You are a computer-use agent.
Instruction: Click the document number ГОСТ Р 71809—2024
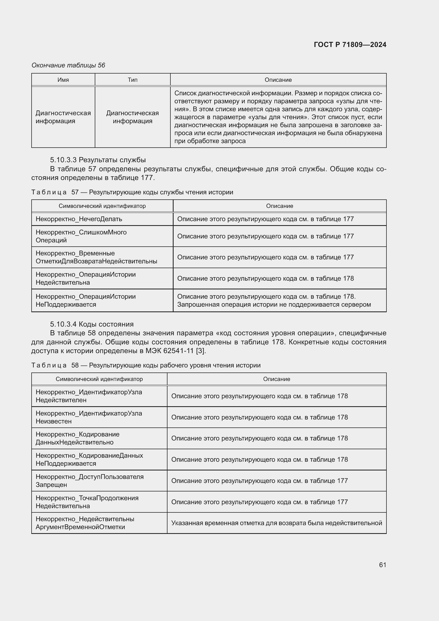tap(350, 45)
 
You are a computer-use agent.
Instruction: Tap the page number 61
tap(382, 565)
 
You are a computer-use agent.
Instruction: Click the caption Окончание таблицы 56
tap(68, 65)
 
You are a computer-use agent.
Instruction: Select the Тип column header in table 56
tap(132, 80)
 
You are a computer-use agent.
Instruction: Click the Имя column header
tap(63, 80)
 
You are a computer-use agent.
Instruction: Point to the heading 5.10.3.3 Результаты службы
tap(98, 160)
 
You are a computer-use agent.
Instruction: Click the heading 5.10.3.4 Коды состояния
tap(92, 324)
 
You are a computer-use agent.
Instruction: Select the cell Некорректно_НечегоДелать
tap(79, 219)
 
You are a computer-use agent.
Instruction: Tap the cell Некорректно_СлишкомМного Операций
tap(81, 236)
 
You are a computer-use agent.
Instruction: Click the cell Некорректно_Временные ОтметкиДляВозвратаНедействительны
tap(96, 257)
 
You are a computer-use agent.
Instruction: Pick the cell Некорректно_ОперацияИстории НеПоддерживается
tap(85, 301)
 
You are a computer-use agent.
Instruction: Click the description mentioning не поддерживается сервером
tap(274, 305)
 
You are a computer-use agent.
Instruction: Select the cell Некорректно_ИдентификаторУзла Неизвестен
tap(89, 417)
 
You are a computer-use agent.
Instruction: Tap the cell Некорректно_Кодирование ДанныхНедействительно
tap(77, 438)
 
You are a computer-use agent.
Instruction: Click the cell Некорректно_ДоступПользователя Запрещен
tap(89, 481)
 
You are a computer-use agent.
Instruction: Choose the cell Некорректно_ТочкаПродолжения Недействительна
tap(87, 502)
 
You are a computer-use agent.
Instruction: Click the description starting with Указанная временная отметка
tap(276, 523)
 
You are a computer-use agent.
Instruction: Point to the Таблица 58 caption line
tap(146, 365)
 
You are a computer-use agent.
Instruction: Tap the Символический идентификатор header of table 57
tap(102, 206)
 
